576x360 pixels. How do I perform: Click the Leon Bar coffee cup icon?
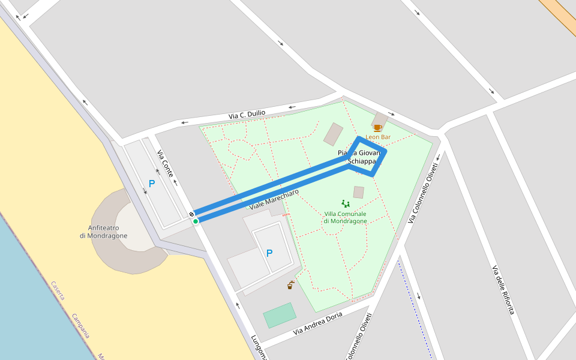(377, 128)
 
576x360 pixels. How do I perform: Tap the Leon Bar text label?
(378, 137)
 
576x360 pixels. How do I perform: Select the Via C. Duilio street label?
(247, 114)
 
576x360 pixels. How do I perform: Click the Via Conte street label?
(165, 163)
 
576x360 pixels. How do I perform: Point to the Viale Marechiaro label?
(274, 199)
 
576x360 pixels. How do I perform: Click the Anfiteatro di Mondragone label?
(103, 232)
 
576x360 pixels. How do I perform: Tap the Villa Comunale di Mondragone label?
(346, 217)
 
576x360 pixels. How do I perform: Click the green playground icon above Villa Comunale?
(346, 204)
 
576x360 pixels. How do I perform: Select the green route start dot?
(196, 221)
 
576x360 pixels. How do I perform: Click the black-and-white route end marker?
(191, 214)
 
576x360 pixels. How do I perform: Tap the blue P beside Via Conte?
(152, 184)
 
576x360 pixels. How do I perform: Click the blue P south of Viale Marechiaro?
(269, 253)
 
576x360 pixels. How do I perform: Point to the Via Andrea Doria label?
(317, 323)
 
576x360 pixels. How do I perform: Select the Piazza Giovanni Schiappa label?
(359, 157)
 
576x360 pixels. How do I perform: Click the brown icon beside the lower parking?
(290, 285)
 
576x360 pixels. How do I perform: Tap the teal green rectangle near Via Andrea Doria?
(280, 315)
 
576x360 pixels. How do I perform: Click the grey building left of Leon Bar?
(333, 134)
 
